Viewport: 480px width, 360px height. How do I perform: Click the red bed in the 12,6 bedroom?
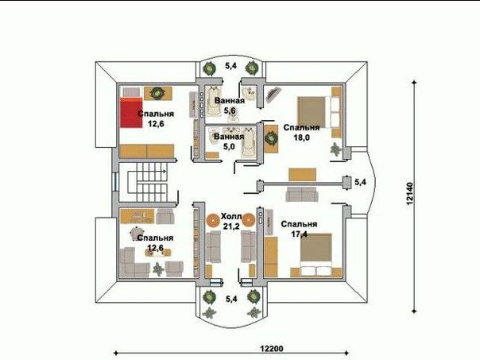131,112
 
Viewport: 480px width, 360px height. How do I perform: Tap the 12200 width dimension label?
272,348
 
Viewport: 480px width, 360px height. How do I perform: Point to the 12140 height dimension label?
409,193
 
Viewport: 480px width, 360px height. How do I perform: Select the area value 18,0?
301,137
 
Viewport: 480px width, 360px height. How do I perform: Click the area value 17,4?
300,234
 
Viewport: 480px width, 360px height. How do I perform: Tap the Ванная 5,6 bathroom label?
230,106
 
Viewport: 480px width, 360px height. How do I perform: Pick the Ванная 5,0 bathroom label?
229,141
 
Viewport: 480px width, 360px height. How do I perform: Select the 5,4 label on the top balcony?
230,65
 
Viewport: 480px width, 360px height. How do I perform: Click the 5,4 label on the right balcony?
360,183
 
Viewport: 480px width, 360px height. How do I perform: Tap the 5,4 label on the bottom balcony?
231,299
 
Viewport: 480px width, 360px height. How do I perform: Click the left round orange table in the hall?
213,219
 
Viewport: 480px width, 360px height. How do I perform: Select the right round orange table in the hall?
249,219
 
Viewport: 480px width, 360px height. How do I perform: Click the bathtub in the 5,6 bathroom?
213,101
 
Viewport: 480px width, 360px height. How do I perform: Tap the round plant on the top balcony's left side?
210,68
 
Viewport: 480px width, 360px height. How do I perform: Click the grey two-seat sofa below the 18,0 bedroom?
301,194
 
